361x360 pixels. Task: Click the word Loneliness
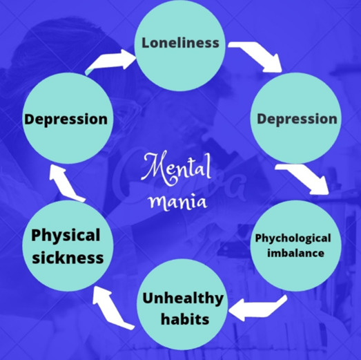tap(180, 43)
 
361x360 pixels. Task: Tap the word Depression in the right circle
tap(297, 119)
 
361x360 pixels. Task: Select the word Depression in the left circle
tap(66, 120)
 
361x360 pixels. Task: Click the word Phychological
tap(293, 238)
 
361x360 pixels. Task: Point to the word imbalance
tap(295, 253)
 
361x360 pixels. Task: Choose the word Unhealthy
tap(183, 299)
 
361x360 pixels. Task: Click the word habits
tap(185, 319)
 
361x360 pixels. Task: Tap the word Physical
tap(66, 236)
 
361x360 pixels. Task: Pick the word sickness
tap(68, 258)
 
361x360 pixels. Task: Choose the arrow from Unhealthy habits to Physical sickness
tap(110, 307)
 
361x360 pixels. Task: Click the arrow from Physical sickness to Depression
tap(66, 184)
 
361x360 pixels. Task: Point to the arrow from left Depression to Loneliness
tap(110, 61)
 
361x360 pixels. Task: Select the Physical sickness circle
tap(68, 246)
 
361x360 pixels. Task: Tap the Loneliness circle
tap(179, 46)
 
